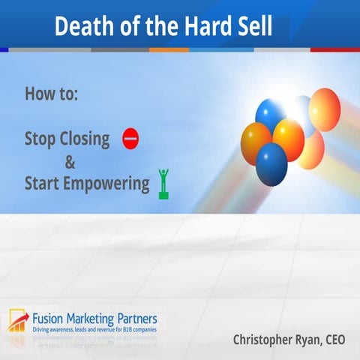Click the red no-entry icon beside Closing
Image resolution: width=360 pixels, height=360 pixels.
[130, 139]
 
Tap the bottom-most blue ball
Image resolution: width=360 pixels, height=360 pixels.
[271, 163]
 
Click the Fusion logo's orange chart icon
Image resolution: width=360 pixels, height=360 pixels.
[18, 318]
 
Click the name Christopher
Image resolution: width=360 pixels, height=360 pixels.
[267, 340]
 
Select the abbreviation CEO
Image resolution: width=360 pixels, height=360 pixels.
[332, 340]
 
